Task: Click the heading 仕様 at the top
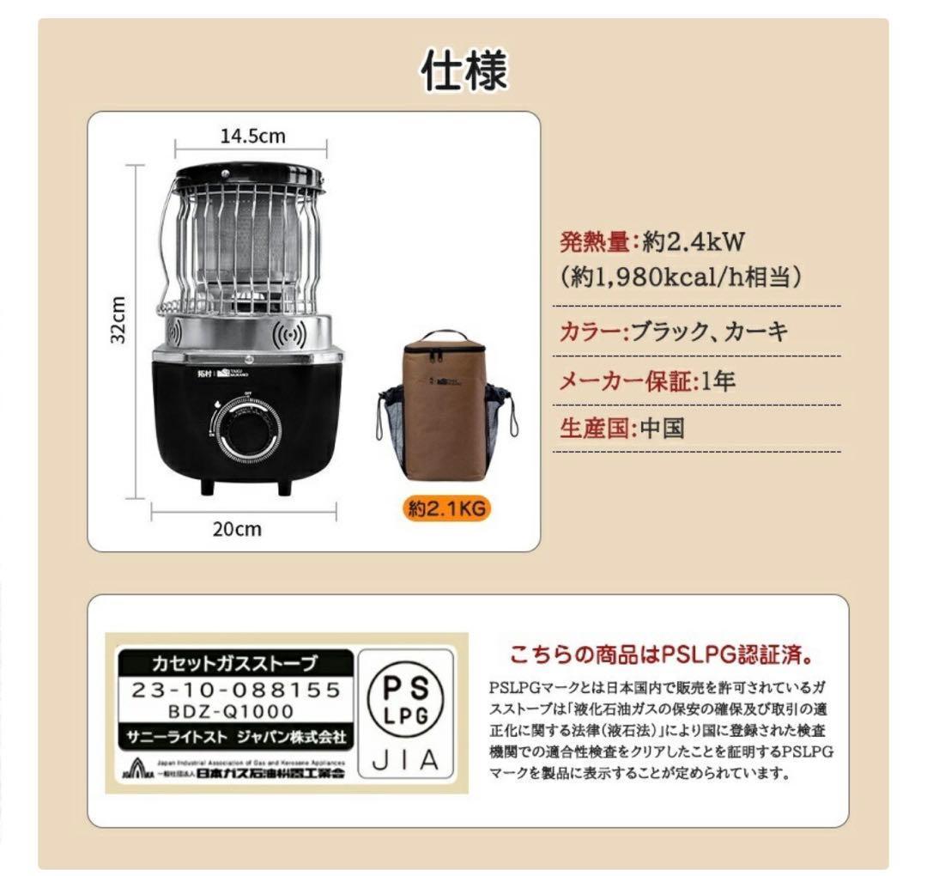tap(463, 70)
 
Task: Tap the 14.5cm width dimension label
tap(252, 136)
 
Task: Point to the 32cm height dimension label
tap(119, 320)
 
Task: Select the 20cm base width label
tap(237, 529)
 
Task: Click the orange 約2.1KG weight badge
tap(447, 508)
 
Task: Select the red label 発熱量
tap(595, 243)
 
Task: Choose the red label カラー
tap(589, 332)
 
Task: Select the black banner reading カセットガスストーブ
tap(234, 663)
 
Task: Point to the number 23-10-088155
tap(234, 690)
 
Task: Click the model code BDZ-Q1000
tap(234, 711)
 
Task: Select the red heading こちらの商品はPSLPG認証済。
tap(662, 656)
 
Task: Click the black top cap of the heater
tap(248, 178)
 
